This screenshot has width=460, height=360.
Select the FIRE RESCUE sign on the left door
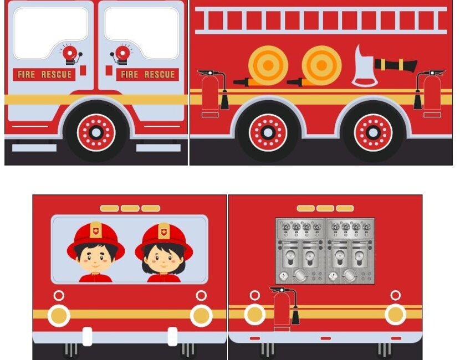(44, 74)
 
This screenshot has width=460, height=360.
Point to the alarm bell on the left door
(70, 54)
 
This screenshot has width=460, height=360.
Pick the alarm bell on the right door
(122, 54)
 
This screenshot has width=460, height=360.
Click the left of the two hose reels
(267, 65)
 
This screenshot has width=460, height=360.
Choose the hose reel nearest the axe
(321, 65)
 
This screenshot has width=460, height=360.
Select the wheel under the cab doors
(96, 132)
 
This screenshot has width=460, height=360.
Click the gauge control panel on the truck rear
(325, 251)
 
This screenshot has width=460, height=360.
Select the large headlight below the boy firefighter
(59, 316)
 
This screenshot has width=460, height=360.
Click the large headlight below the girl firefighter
(201, 316)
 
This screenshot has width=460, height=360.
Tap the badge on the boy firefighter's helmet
(96, 229)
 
